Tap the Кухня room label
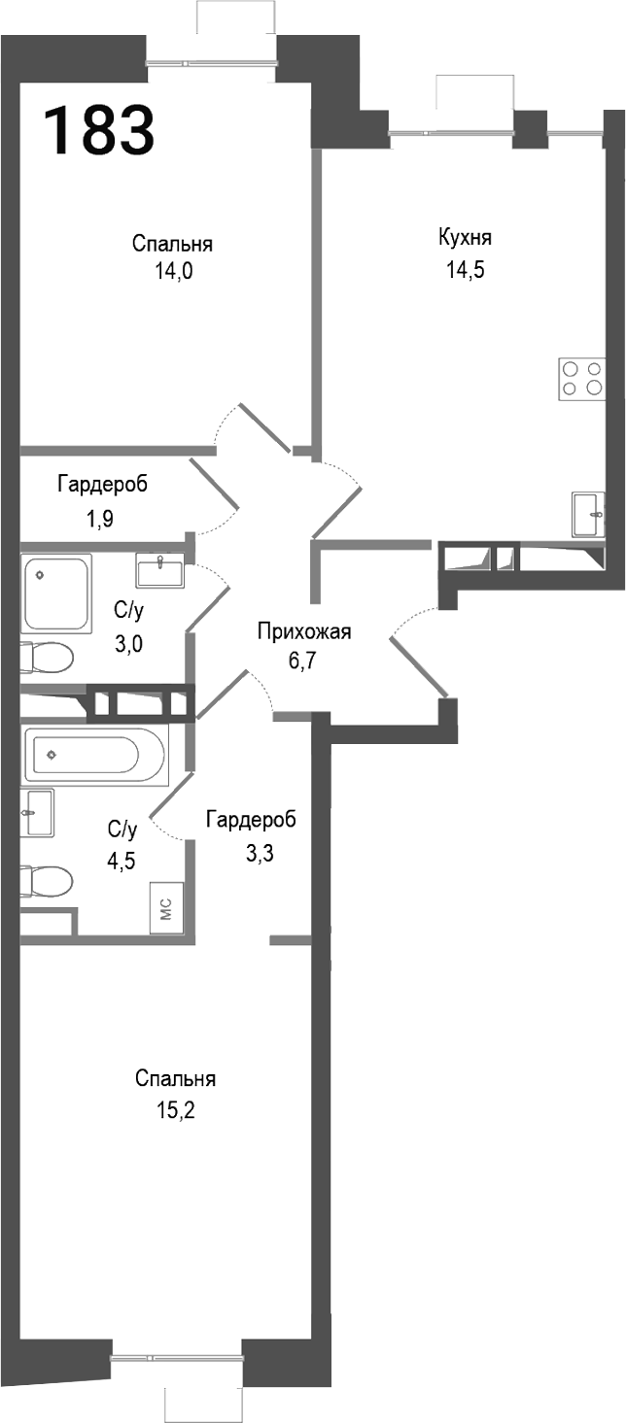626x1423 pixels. tap(465, 238)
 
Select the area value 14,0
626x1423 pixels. tap(173, 273)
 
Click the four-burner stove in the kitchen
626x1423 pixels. tap(580, 378)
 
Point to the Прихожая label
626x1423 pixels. tap(303, 632)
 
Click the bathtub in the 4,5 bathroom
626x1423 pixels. tap(95, 754)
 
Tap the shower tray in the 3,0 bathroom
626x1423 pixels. tap(56, 592)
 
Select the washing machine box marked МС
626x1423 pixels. tap(166, 909)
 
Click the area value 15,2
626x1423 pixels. tap(176, 1111)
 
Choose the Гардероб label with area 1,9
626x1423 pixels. tap(102, 484)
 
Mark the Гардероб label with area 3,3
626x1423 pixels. tap(251, 820)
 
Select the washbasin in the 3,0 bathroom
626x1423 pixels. tap(158, 571)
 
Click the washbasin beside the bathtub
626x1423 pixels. tap(37, 811)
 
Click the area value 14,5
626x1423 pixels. tap(465, 270)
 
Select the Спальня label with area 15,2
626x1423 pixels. tap(176, 1079)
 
